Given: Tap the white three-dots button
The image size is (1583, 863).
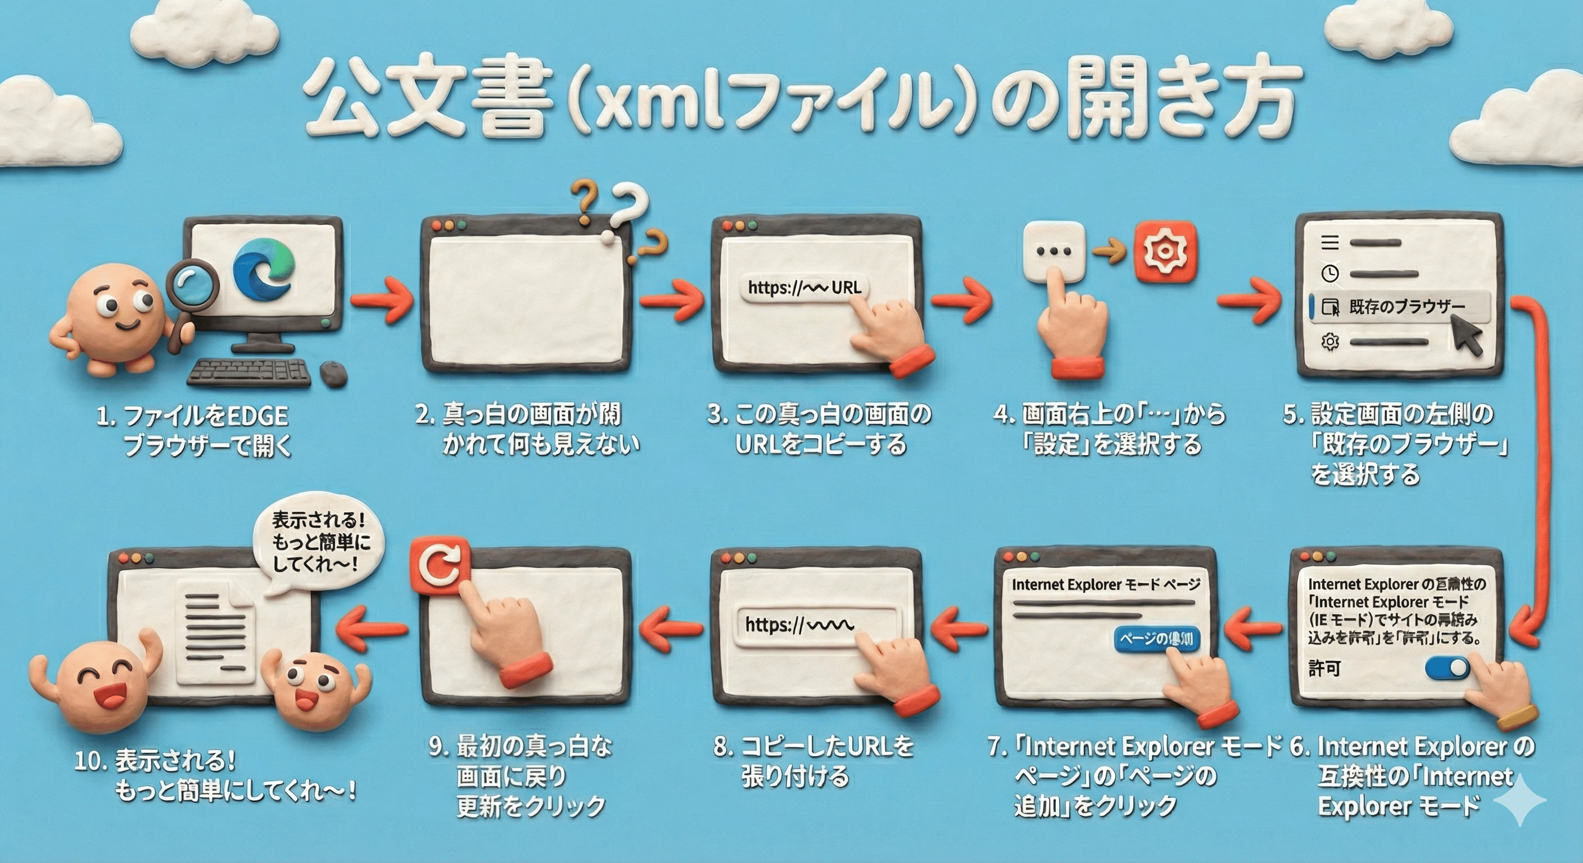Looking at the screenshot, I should click(x=1054, y=251).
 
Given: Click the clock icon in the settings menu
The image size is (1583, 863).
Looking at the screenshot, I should click(x=1330, y=273).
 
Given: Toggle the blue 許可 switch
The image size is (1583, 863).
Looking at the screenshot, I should click(x=1447, y=667).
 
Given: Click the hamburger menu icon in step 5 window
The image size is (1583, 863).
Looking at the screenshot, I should click(x=1330, y=243).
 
